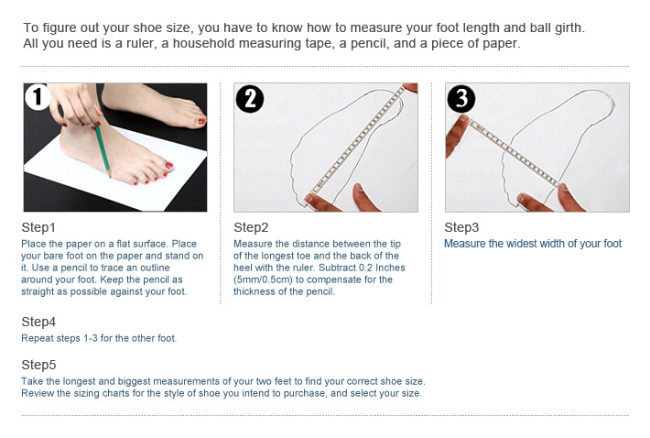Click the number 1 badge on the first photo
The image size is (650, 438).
click(38, 96)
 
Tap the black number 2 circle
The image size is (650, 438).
click(250, 99)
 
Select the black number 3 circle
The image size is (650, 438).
click(461, 99)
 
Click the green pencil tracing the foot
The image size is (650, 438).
click(103, 150)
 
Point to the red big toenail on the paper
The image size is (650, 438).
click(168, 165)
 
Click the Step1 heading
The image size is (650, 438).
click(38, 227)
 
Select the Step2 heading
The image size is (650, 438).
click(251, 227)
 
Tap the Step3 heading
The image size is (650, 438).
click(461, 227)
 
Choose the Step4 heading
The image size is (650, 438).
click(38, 322)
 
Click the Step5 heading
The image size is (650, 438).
click(38, 365)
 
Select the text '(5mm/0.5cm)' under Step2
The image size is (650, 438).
click(263, 279)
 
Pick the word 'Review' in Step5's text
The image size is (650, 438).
click(37, 393)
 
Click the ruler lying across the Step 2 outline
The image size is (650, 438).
click(355, 144)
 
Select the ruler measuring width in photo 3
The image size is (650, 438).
click(514, 153)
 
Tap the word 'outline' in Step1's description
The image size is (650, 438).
click(153, 268)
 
